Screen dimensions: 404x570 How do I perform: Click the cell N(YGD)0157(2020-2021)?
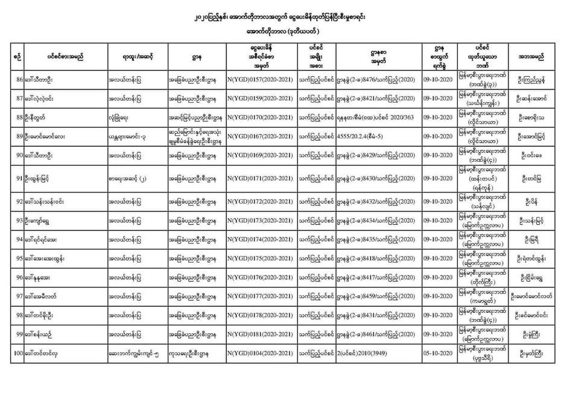click(261, 80)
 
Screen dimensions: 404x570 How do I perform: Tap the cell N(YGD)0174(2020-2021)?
click(261, 240)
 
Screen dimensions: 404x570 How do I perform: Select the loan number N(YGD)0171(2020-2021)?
click(261, 179)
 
